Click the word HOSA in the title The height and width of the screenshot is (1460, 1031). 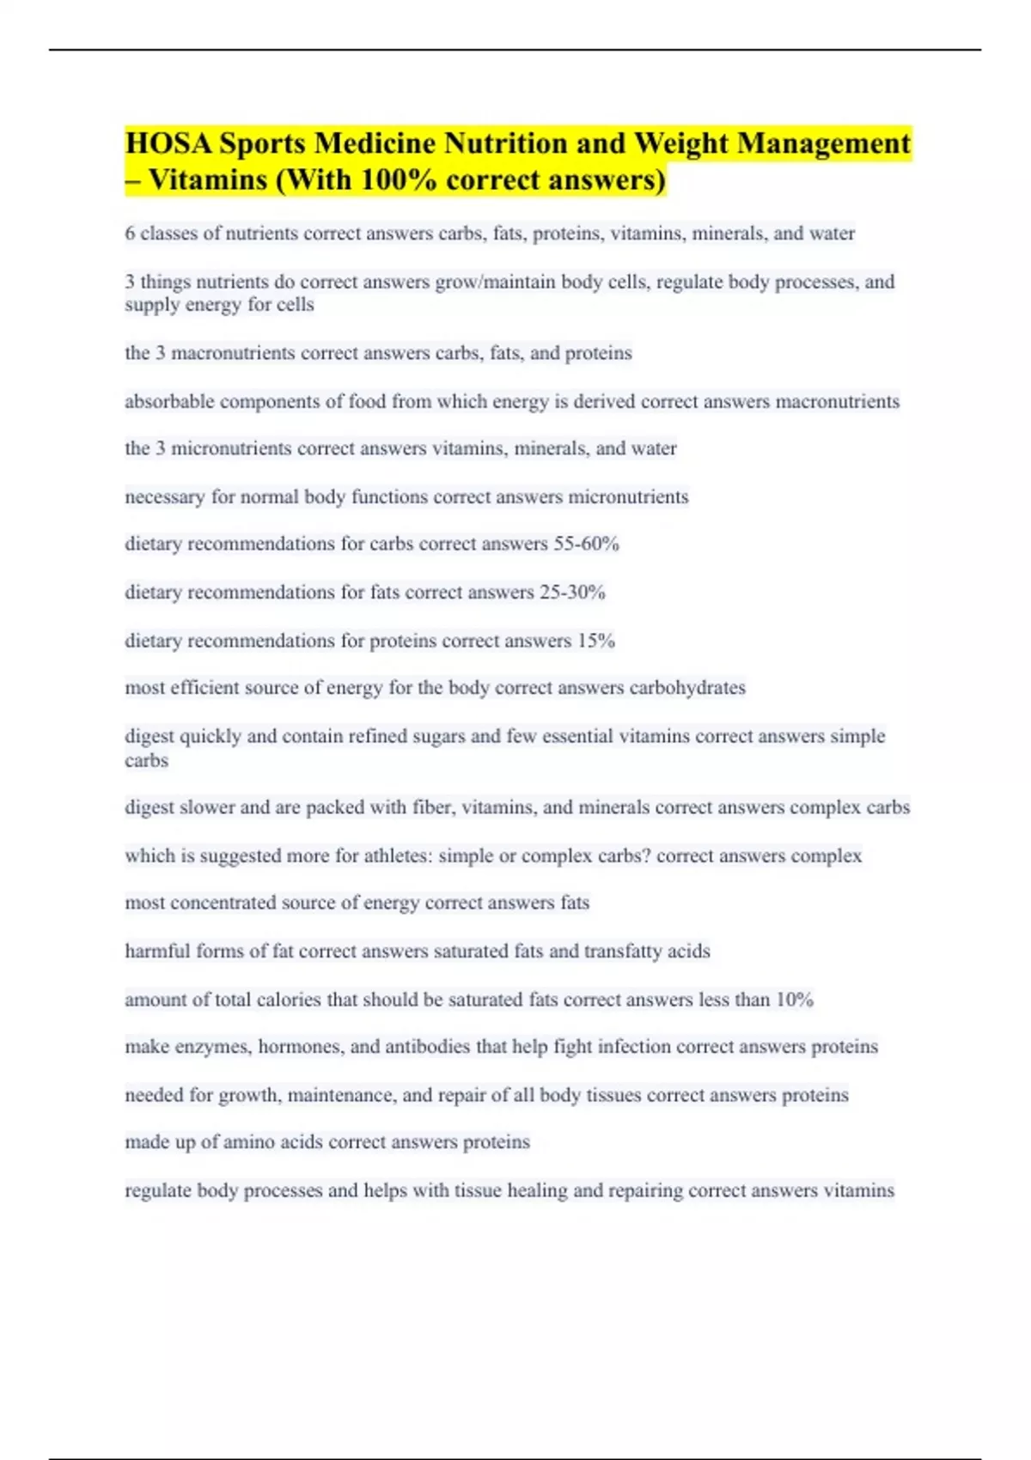tap(168, 143)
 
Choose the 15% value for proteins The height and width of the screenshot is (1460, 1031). tap(596, 641)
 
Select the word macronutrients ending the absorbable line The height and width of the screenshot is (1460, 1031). tap(838, 401)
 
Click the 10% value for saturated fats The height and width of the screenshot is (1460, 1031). tap(795, 1000)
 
